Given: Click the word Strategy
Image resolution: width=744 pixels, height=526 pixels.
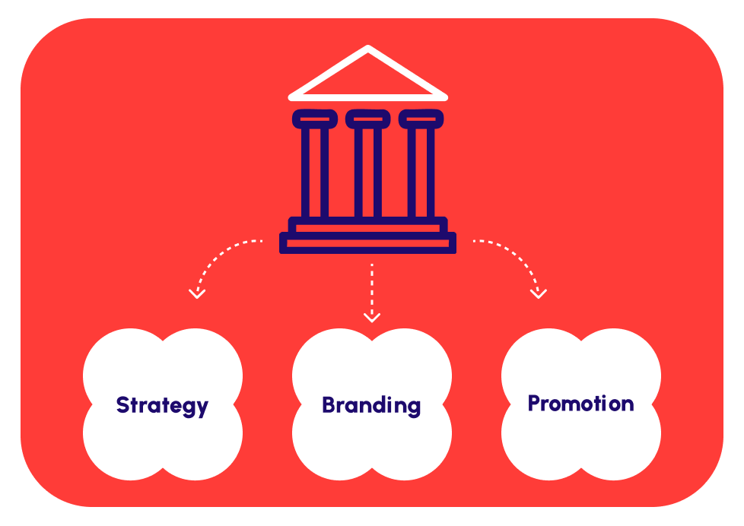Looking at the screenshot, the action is [x=162, y=405].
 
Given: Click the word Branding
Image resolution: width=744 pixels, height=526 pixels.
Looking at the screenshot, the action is [x=371, y=405].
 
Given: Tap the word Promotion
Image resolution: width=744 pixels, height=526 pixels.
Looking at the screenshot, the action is [x=580, y=403].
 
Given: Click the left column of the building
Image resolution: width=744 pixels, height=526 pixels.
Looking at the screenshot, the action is [x=315, y=171].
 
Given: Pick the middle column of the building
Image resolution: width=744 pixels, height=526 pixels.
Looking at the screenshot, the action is [x=368, y=171].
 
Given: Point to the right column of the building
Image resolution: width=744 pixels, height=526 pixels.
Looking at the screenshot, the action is [x=421, y=171].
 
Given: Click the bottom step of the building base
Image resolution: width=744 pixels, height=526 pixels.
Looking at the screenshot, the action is [x=368, y=242].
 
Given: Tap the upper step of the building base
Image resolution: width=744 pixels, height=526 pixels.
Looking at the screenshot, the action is [x=368, y=227].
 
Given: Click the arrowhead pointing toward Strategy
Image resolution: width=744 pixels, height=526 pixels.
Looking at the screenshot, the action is [x=197, y=293].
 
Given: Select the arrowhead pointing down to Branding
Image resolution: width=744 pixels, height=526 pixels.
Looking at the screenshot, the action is [x=371, y=316].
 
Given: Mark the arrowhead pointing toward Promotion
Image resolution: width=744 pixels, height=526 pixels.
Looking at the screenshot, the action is [x=539, y=293].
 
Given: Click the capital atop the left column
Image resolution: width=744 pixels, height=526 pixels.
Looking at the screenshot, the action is [x=315, y=118].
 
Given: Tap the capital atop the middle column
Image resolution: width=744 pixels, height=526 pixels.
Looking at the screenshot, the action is [x=368, y=118].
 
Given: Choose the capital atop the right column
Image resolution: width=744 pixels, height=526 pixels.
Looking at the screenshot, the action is [x=421, y=118].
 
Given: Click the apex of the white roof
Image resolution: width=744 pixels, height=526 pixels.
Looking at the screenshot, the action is [x=368, y=49].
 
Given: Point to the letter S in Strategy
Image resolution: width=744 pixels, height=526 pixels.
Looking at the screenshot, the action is [x=123, y=405].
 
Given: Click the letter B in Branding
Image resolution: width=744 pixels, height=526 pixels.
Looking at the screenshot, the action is [x=329, y=405].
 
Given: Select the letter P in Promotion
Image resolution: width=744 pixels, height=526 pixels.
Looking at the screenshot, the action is [x=534, y=403].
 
